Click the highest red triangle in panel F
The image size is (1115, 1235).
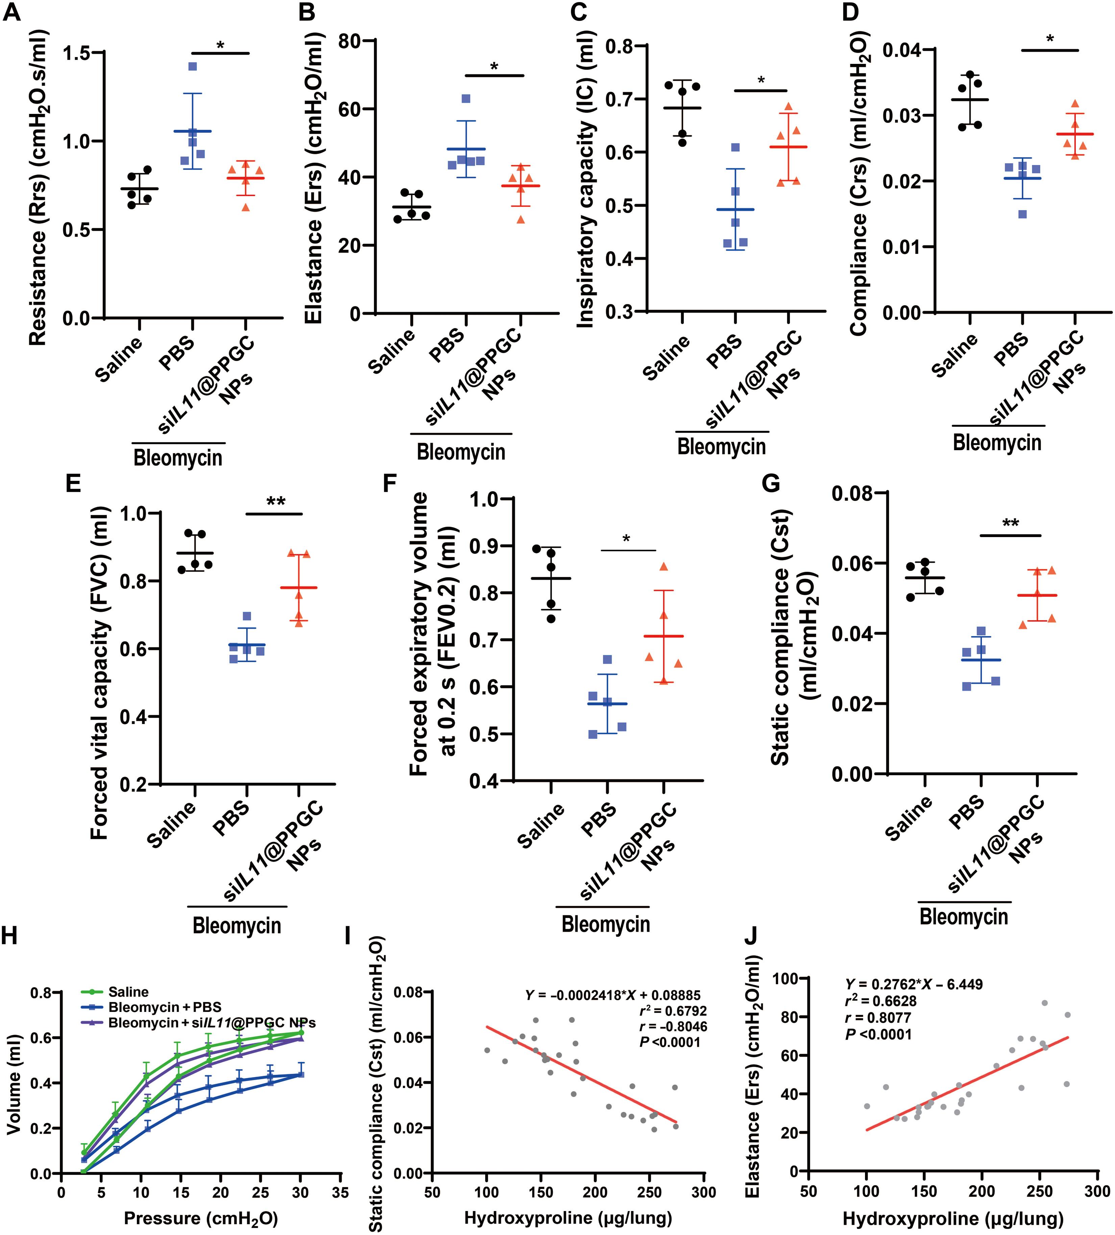pos(664,567)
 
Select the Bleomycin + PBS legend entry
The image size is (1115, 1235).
pos(164,1007)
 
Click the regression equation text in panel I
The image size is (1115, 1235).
pos(612,995)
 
